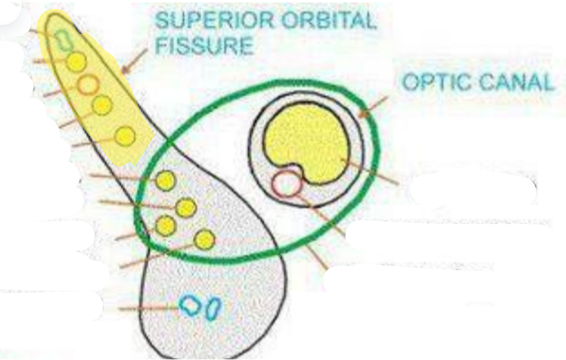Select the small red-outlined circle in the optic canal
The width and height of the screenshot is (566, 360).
coord(286,184)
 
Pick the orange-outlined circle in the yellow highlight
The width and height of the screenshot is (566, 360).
coord(88,83)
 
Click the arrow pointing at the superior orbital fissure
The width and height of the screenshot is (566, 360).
coord(135,59)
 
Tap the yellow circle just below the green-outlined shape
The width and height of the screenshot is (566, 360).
coord(77,62)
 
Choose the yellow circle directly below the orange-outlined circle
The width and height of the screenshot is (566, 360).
coord(101,105)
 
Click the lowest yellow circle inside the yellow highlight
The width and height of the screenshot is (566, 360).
coord(125,136)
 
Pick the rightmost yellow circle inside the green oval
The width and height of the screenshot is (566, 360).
coord(204,240)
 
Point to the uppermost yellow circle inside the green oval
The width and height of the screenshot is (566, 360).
coord(166,181)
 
